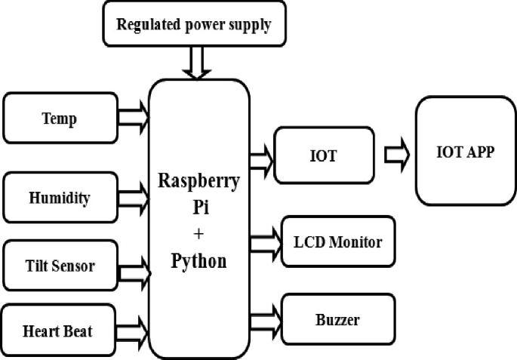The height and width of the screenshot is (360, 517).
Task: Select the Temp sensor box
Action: tap(60, 118)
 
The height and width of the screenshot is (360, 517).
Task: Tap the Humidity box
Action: tap(60, 198)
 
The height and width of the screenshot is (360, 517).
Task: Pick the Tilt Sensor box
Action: tap(60, 265)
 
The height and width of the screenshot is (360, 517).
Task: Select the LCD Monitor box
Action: tap(337, 242)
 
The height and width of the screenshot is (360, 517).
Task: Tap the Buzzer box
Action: tap(337, 319)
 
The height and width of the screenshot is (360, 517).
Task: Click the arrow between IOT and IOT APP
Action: tap(395, 155)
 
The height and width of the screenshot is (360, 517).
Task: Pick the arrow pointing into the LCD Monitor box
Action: tap(264, 242)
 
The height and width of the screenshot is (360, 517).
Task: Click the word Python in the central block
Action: tap(199, 262)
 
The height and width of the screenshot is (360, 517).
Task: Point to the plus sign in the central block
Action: tap(199, 232)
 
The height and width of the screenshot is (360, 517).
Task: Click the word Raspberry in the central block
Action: tap(199, 182)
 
